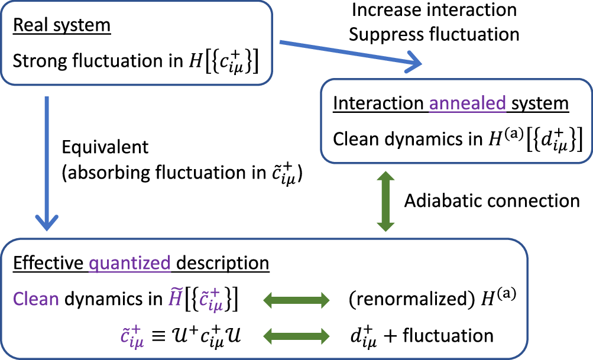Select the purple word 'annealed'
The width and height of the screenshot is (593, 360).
pos(467,103)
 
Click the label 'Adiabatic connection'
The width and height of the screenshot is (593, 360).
pos(492,201)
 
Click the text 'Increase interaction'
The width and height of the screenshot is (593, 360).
pos(434,10)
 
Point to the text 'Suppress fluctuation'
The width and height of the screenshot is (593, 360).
pos(434,34)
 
